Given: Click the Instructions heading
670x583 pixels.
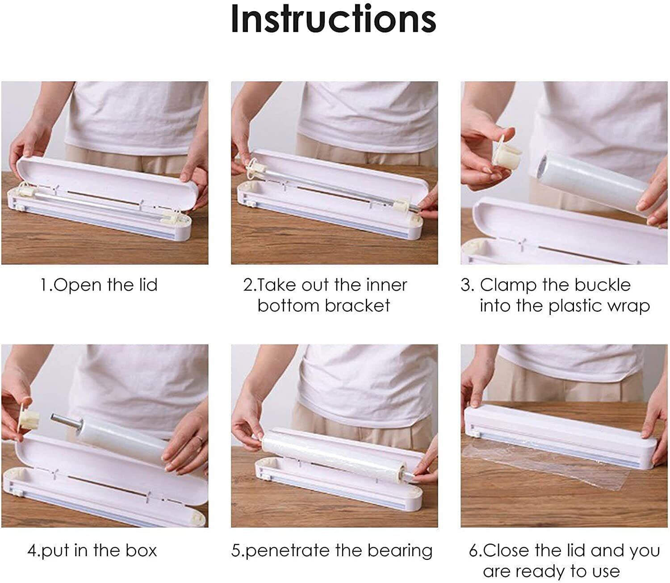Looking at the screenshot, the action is (333, 19).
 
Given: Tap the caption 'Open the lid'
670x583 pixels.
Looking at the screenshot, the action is (105, 285).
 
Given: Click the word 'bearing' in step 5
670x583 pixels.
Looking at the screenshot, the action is (400, 551).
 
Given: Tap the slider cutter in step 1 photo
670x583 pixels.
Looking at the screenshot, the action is (20, 206).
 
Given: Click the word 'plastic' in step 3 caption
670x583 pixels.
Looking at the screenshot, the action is (575, 306).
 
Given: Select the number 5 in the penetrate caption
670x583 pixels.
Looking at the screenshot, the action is (236, 551).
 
